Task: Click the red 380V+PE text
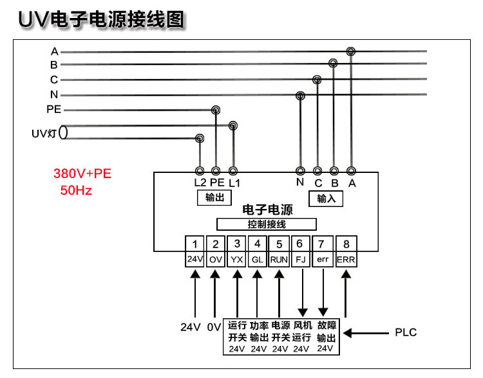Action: (x=82, y=174)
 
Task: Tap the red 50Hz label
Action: (x=76, y=190)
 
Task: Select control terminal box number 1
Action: (x=194, y=244)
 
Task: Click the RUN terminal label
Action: (x=279, y=260)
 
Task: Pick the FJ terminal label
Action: (x=301, y=260)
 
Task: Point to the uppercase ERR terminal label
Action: (x=346, y=260)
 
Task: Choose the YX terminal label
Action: (x=236, y=260)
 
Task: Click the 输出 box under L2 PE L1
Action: (x=214, y=197)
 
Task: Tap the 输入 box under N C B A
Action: (x=326, y=199)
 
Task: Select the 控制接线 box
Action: (x=267, y=224)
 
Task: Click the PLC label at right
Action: (x=406, y=332)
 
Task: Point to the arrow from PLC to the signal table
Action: (x=366, y=333)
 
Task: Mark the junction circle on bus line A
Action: (x=351, y=51)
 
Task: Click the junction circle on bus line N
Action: (x=300, y=96)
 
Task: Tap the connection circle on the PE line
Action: (x=216, y=110)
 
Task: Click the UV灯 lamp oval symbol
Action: (x=63, y=132)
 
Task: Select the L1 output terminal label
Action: (x=234, y=183)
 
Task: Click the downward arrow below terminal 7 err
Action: (x=323, y=292)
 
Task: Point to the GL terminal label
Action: (x=257, y=260)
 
